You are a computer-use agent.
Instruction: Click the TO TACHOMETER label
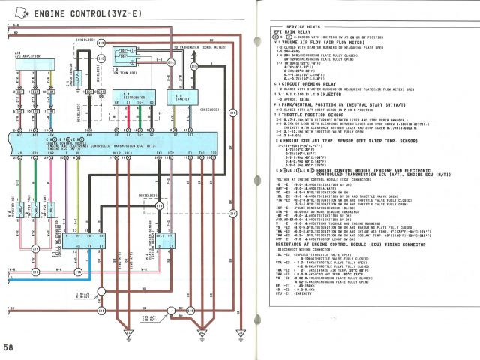point(198,47)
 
